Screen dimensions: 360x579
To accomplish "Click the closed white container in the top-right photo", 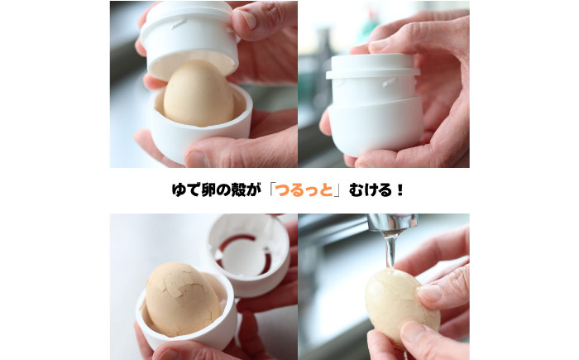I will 376,103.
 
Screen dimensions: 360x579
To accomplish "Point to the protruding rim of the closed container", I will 376,74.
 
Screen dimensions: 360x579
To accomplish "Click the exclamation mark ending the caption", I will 400,190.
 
